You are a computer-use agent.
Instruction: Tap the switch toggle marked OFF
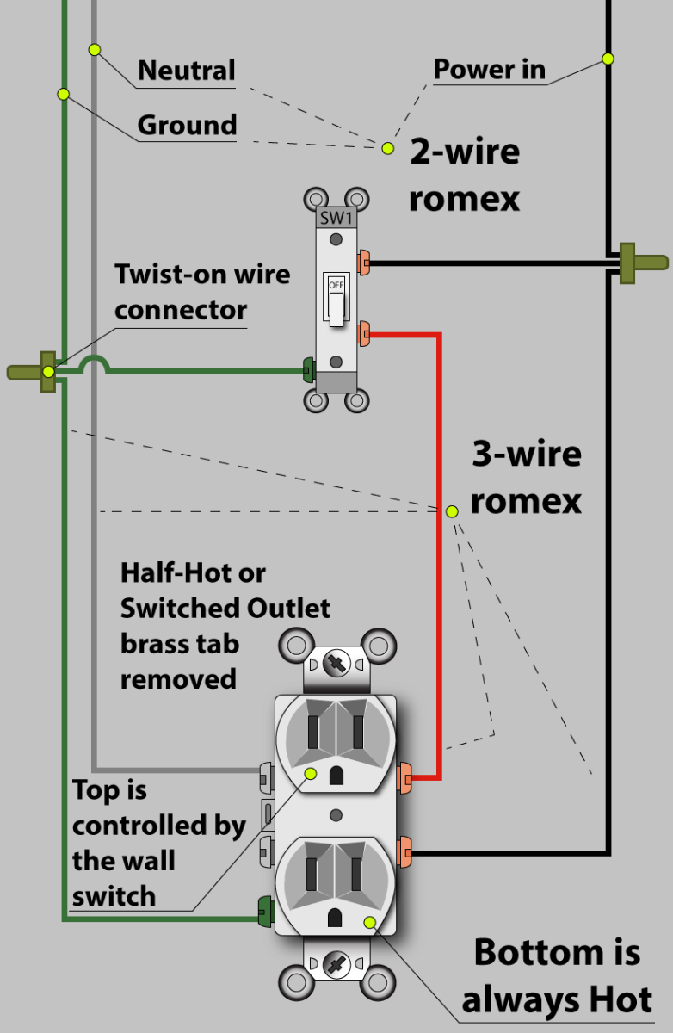pos(336,300)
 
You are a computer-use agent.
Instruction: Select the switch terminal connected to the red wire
pos(364,332)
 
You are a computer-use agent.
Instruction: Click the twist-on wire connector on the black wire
pos(640,262)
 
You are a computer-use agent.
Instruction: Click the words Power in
pos(489,70)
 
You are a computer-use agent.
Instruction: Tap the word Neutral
pos(186,71)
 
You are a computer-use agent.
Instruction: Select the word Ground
pos(187,126)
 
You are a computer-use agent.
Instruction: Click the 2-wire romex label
pos(464,175)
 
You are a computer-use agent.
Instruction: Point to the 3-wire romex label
pos(526,477)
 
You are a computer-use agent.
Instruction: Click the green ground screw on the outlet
pos(264,908)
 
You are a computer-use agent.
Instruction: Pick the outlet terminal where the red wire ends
pos(404,778)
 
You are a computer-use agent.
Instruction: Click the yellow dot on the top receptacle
pos(310,774)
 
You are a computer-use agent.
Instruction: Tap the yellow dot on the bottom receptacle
pos(370,922)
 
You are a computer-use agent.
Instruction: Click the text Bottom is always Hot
pos(556,976)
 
